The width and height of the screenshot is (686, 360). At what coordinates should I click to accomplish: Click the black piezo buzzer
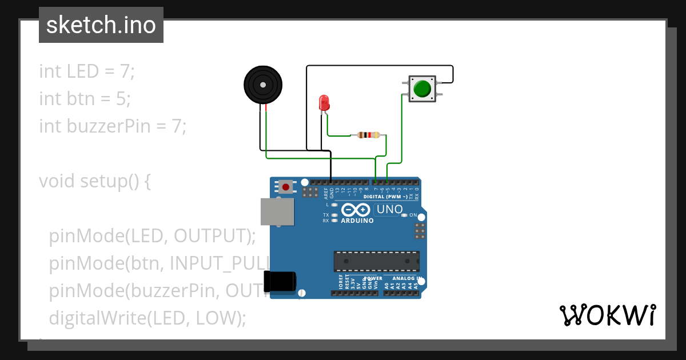pyautogui.click(x=263, y=85)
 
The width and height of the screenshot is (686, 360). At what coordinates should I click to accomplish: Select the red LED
pyautogui.click(x=324, y=103)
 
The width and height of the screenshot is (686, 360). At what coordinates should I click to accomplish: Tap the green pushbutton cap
pyautogui.click(x=422, y=89)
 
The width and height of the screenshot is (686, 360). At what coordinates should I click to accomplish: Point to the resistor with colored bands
pyautogui.click(x=368, y=135)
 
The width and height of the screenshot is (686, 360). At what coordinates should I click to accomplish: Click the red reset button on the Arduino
pyautogui.click(x=285, y=186)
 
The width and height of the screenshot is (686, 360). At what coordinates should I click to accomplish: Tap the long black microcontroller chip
pyautogui.click(x=377, y=261)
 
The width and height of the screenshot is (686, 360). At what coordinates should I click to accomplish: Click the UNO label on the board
pyautogui.click(x=389, y=210)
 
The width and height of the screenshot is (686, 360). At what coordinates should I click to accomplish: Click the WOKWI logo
pyautogui.click(x=607, y=315)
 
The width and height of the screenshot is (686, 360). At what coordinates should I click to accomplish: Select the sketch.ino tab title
pyautogui.click(x=101, y=25)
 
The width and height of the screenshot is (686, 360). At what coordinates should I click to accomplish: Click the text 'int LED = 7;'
pyautogui.click(x=87, y=71)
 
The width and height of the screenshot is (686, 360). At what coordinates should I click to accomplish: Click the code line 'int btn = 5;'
pyautogui.click(x=85, y=99)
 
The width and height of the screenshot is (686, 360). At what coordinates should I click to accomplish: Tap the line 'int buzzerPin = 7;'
pyautogui.click(x=113, y=126)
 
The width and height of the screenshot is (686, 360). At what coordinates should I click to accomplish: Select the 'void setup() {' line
pyautogui.click(x=95, y=181)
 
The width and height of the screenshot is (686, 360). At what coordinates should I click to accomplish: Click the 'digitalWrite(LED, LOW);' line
pyautogui.click(x=147, y=318)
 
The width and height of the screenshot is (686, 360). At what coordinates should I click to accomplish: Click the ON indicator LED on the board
pyautogui.click(x=404, y=215)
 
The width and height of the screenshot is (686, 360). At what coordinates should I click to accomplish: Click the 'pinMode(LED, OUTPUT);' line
pyautogui.click(x=152, y=235)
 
